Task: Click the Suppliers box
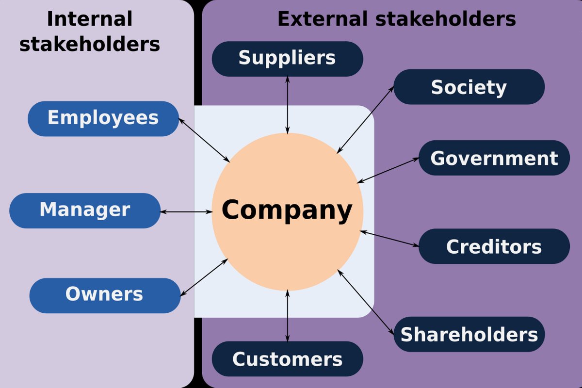click(x=287, y=59)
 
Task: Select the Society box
click(x=469, y=87)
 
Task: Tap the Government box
click(x=494, y=158)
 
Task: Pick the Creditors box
click(x=494, y=246)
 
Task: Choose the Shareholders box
click(x=469, y=334)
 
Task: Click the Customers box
click(x=287, y=359)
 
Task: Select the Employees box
click(x=103, y=119)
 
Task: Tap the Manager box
click(x=85, y=211)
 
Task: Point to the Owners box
click(x=105, y=295)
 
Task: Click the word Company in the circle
click(x=287, y=210)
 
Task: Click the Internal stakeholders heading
click(x=90, y=31)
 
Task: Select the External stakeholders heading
click(x=397, y=19)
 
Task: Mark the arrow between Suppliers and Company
click(x=287, y=105)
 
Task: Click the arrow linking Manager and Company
click(x=186, y=212)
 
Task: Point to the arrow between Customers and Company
click(x=287, y=316)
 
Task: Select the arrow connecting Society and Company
click(x=366, y=120)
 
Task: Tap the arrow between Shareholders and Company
click(x=366, y=303)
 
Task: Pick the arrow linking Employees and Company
click(x=204, y=140)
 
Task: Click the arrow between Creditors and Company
click(x=389, y=239)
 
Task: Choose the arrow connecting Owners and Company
click(x=204, y=277)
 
